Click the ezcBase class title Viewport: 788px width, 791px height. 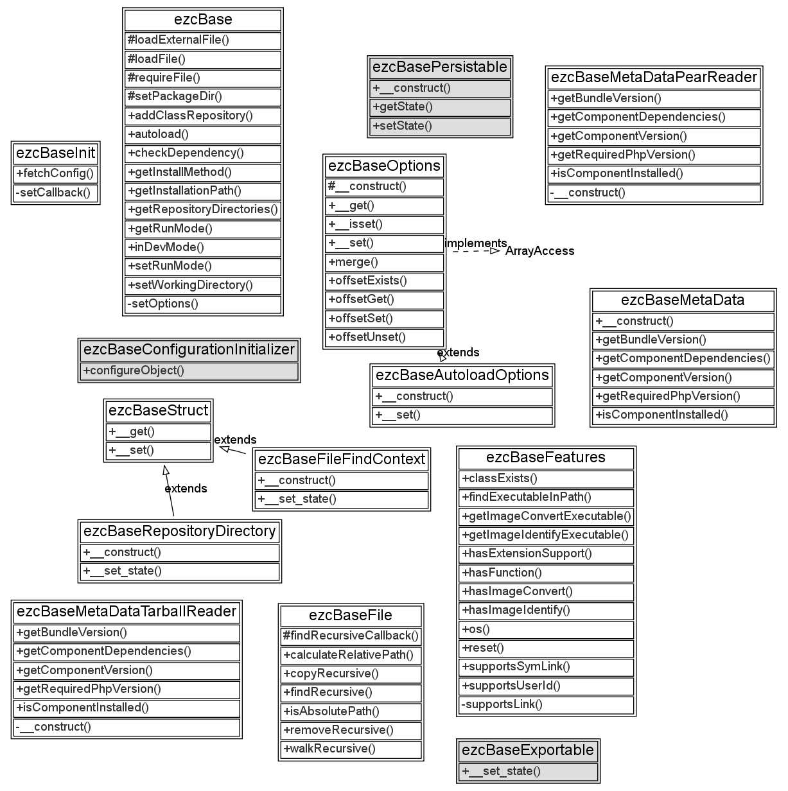click(x=203, y=20)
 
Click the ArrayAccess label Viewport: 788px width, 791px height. click(x=539, y=251)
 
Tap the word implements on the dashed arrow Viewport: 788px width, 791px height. click(x=475, y=243)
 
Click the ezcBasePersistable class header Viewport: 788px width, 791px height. click(x=440, y=67)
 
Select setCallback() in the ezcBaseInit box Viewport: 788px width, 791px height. click(x=53, y=193)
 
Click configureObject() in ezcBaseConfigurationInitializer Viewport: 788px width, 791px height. click(x=134, y=370)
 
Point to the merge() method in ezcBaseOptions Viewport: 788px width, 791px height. click(x=353, y=262)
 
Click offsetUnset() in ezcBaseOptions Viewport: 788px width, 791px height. click(x=367, y=337)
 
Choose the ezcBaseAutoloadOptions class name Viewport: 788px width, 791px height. click(x=462, y=376)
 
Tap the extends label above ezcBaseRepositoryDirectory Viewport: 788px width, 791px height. click(x=186, y=489)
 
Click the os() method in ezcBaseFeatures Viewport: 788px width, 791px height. click(x=476, y=629)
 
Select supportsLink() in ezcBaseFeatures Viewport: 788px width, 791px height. click(x=502, y=704)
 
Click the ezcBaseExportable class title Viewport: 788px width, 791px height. click(x=528, y=751)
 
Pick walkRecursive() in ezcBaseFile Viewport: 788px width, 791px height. click(x=329, y=749)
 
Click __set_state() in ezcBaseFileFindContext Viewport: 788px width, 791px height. click(x=297, y=499)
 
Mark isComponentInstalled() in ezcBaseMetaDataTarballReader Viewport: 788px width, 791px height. click(x=83, y=708)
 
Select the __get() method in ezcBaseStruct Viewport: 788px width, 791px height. click(x=132, y=431)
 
